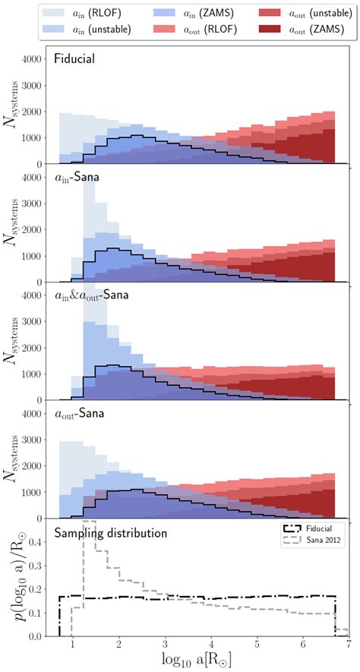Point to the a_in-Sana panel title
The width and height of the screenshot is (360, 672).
pyautogui.click(x=81, y=178)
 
